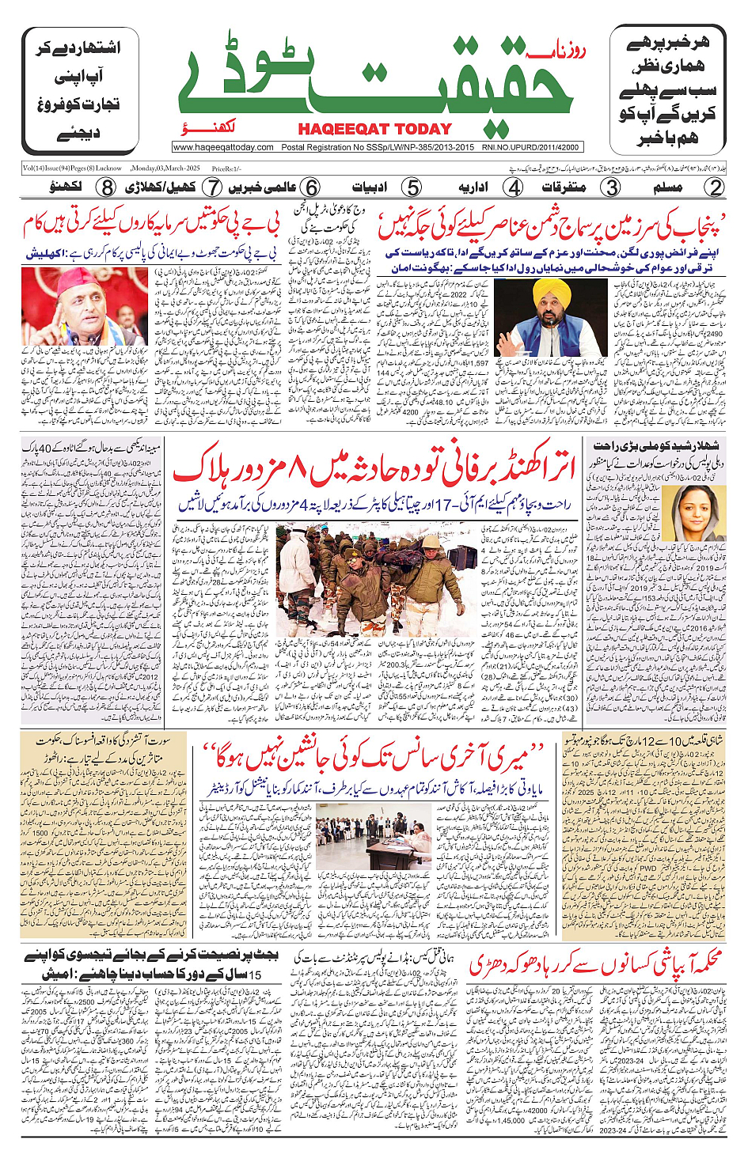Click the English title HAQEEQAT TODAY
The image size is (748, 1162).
(x=374, y=129)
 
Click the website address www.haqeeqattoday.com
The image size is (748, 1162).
(x=223, y=147)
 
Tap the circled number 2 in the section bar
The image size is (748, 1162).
(x=715, y=187)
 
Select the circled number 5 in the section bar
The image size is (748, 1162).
(x=412, y=187)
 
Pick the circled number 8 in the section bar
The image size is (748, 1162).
(x=107, y=187)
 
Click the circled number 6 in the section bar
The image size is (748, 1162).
(x=312, y=187)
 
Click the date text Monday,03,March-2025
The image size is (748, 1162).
(x=165, y=168)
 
